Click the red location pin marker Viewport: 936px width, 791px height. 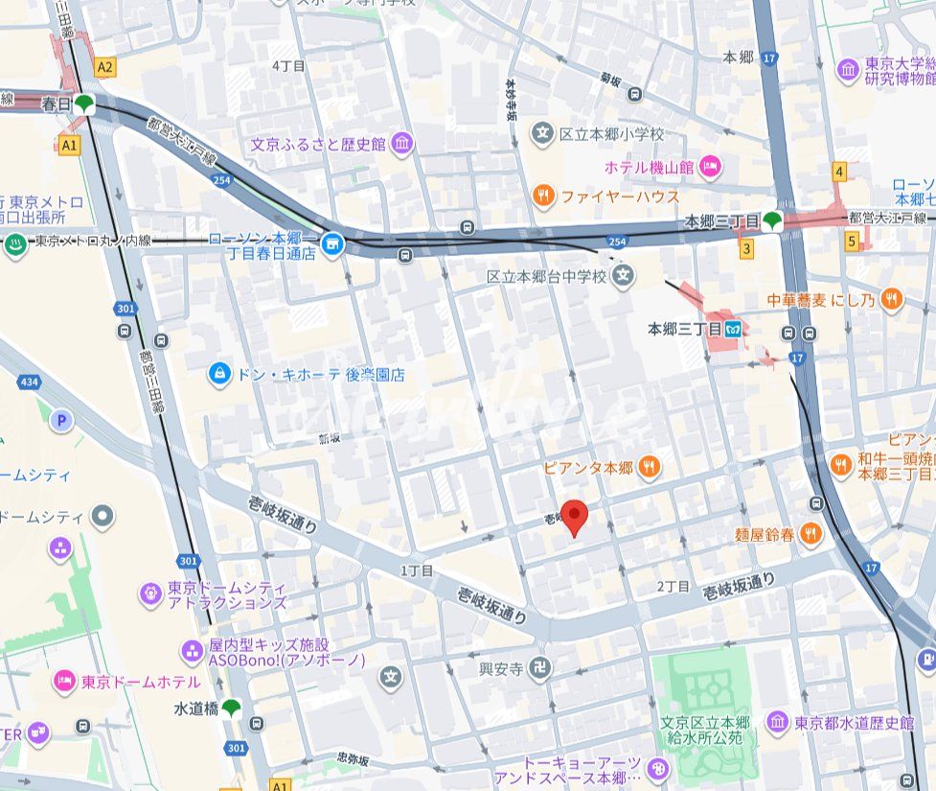[x=574, y=516]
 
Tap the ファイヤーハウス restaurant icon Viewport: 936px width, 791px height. [x=543, y=196]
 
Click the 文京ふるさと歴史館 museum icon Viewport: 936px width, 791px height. [x=402, y=145]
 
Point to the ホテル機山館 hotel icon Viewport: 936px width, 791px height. [x=710, y=167]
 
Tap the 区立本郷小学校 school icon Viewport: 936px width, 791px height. [x=543, y=134]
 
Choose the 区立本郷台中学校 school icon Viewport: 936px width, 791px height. [x=625, y=277]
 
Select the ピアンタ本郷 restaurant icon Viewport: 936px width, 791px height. [x=649, y=467]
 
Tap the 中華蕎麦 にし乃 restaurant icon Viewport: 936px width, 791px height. [x=892, y=299]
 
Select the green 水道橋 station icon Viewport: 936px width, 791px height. [x=232, y=709]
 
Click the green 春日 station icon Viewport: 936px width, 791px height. [x=86, y=104]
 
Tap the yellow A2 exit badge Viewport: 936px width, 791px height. [x=105, y=66]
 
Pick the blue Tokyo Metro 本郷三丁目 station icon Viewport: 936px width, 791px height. [x=735, y=329]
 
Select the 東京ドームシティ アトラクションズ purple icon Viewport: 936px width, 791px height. [x=150, y=594]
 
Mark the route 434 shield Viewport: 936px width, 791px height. [x=29, y=383]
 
